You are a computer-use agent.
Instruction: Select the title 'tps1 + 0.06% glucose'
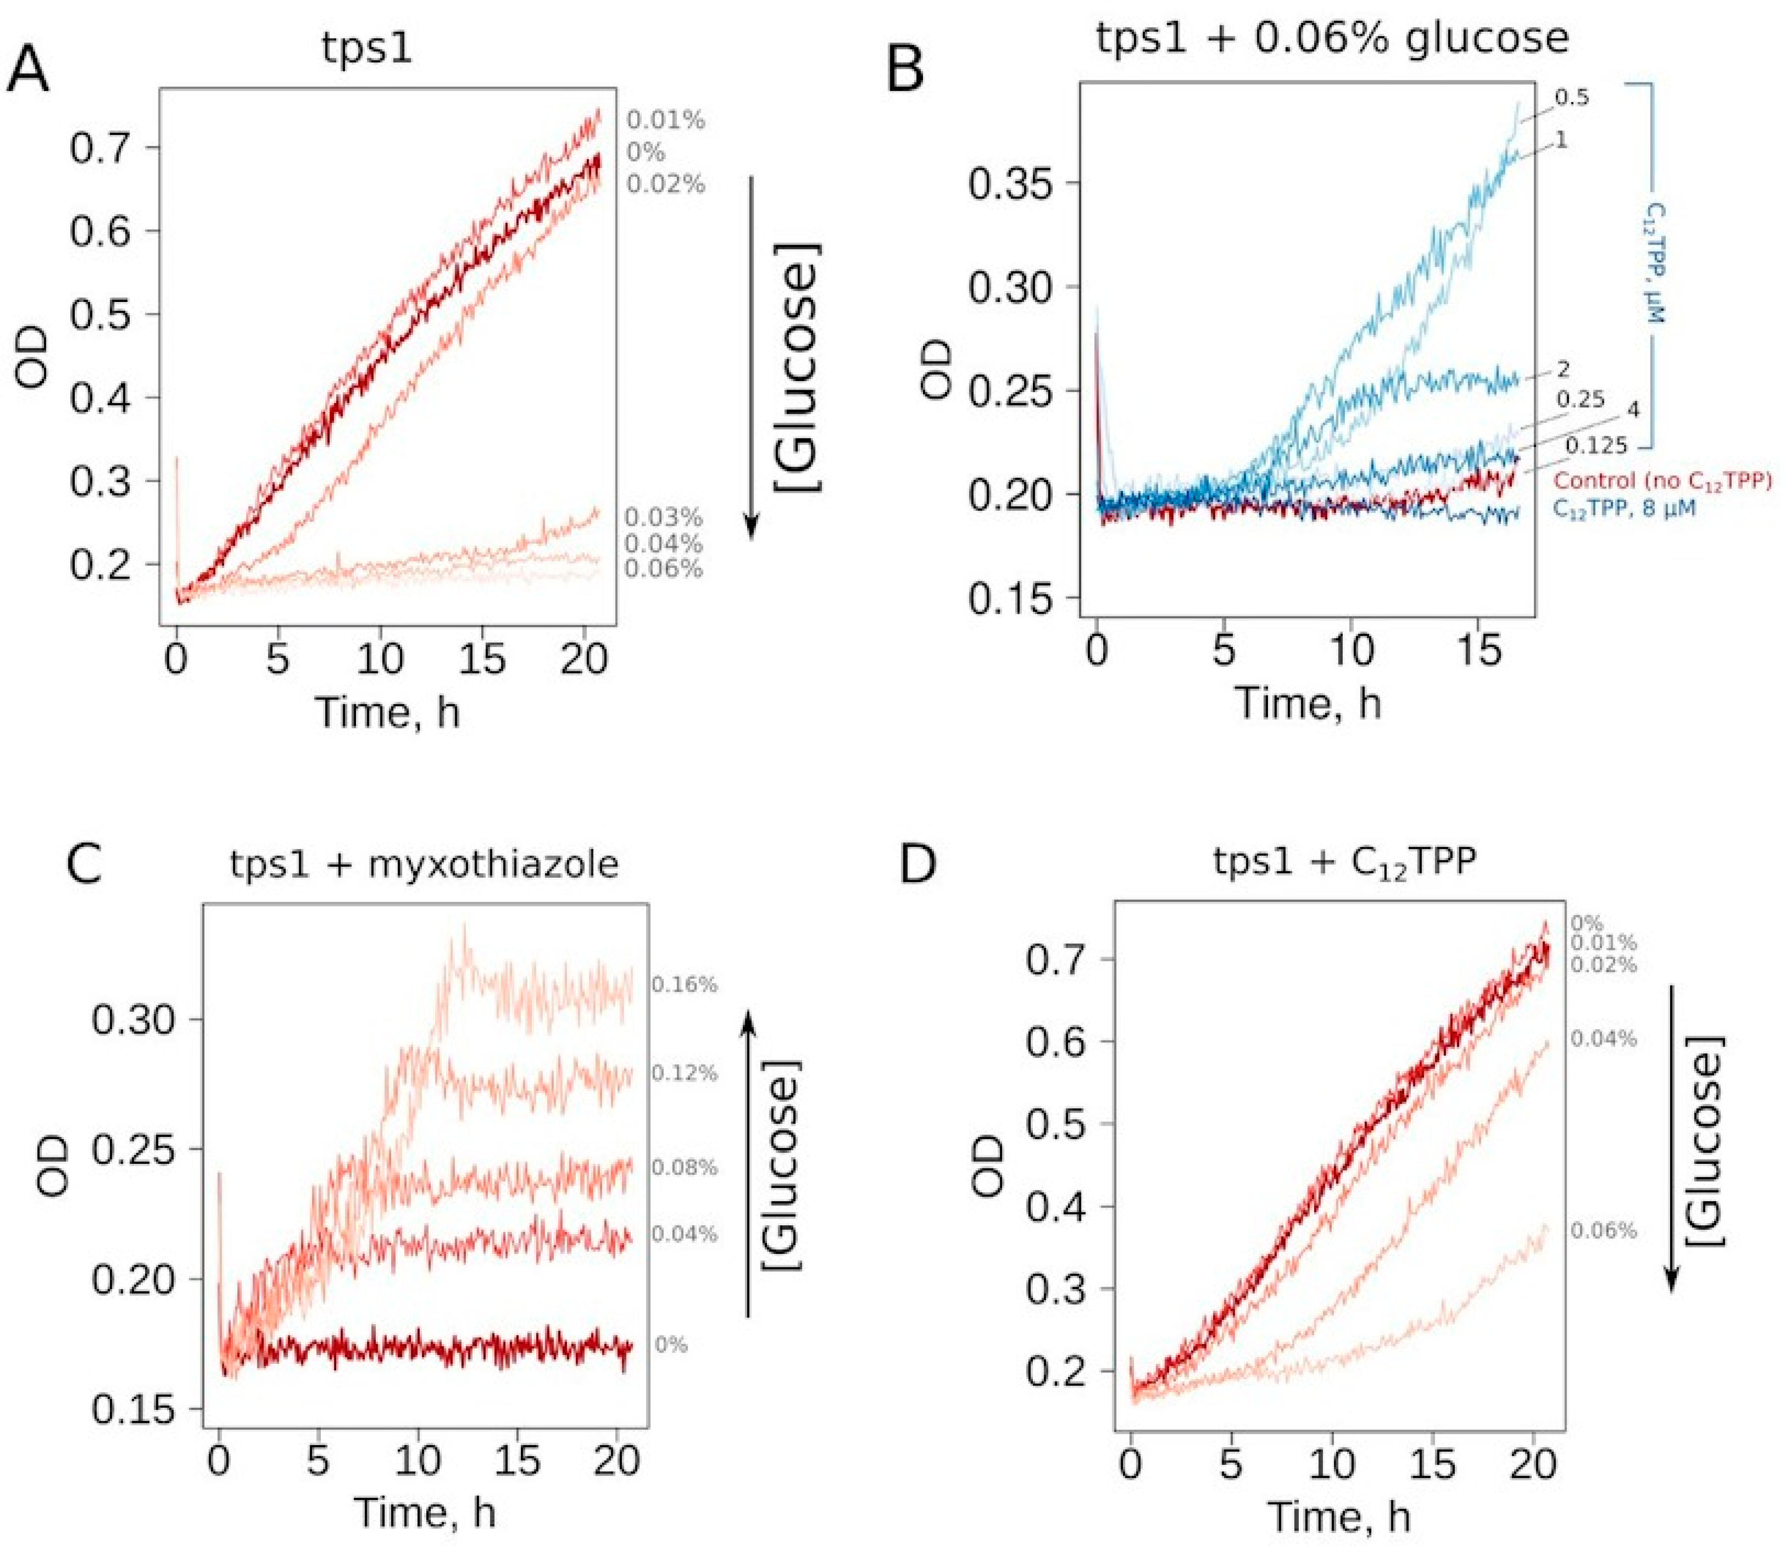pos(1331,39)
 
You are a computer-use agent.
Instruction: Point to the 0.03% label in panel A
pos(663,518)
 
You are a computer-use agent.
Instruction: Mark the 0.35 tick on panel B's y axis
pos(1011,183)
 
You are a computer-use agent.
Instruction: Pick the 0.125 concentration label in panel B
pos(1596,446)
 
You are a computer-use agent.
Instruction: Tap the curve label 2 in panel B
pos(1563,369)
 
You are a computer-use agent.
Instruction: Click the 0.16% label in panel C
pos(684,984)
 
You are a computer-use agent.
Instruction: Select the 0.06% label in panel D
pos(1603,1230)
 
